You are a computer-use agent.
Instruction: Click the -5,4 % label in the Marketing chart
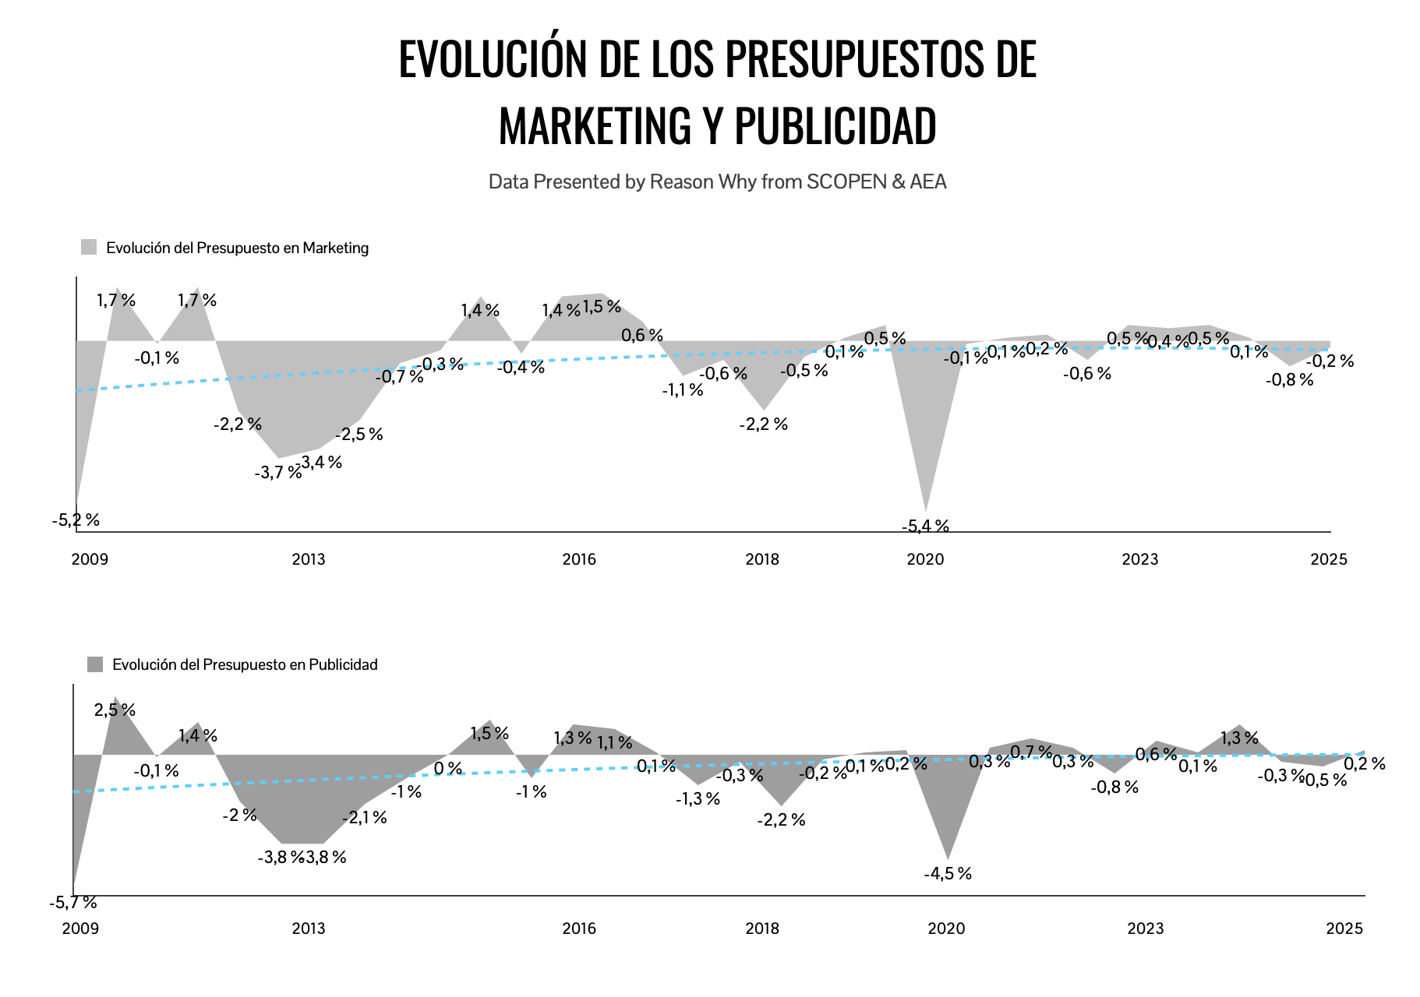pos(925,527)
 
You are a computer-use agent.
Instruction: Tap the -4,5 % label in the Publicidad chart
pos(948,874)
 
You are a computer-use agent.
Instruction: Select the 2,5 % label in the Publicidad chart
pos(115,710)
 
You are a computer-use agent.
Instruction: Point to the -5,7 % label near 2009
pos(72,903)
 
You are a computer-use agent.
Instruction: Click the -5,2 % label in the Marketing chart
pos(76,520)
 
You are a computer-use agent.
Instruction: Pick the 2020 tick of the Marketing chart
pos(925,559)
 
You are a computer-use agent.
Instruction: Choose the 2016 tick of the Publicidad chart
pos(579,928)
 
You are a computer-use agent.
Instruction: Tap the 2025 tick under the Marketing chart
pos(1329,559)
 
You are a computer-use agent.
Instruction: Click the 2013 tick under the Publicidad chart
pos(309,928)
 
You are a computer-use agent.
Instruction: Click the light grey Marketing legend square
pos(89,248)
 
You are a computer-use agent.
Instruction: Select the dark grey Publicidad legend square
pos(95,664)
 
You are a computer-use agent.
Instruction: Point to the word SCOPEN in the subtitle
pos(846,182)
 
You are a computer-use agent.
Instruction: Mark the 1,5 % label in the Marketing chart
pos(602,307)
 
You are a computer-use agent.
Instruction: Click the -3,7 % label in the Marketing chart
pos(277,473)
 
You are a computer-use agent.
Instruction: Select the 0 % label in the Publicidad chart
pos(448,769)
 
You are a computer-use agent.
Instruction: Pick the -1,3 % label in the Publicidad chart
pos(698,799)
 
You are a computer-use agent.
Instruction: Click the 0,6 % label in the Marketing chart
pos(642,336)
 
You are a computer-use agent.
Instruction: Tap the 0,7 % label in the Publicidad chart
pos(1031,752)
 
